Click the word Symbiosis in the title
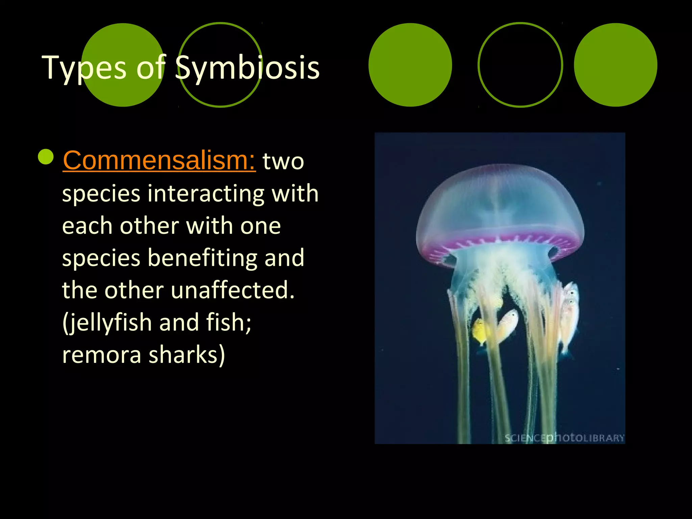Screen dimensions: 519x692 (247, 68)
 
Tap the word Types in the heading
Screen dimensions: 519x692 (84, 68)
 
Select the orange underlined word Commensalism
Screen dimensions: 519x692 (159, 160)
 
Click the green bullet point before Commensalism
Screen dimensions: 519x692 (46, 157)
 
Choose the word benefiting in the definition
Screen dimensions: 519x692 (202, 258)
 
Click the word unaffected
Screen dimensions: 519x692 (233, 290)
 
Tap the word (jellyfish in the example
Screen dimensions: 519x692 (107, 322)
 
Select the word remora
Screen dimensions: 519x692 (102, 354)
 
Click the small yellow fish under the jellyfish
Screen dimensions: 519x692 (479, 331)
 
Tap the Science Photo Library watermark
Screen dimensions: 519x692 (564, 438)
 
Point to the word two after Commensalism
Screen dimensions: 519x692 (283, 161)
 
